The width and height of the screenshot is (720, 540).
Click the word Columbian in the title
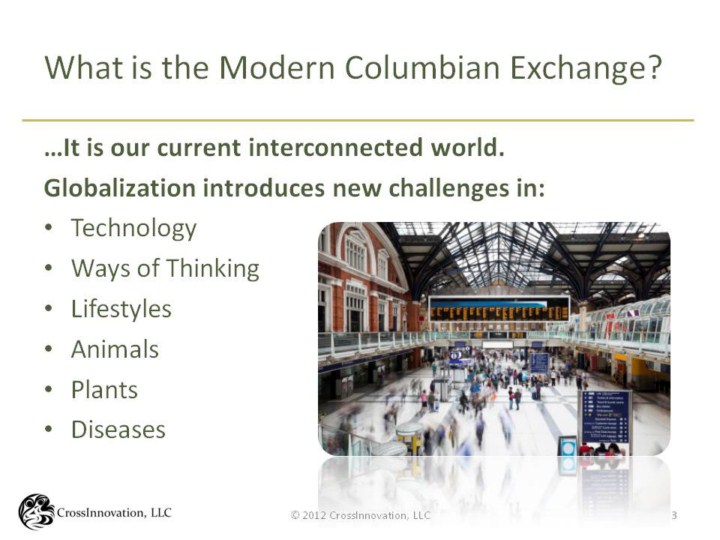(422, 68)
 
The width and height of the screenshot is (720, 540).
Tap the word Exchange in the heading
(586, 69)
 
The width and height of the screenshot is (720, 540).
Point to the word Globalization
(120, 188)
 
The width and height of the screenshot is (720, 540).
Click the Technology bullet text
(134, 228)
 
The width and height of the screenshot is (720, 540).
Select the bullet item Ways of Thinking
(165, 269)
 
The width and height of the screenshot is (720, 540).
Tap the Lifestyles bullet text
(121, 309)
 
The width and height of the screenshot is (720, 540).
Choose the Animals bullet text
(115, 349)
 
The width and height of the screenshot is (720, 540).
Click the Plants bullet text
(104, 390)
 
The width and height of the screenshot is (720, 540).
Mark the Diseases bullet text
(118, 430)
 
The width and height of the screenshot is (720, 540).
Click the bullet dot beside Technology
(49, 228)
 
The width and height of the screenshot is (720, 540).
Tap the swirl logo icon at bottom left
(36, 512)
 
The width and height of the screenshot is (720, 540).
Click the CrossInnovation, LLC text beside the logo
(114, 512)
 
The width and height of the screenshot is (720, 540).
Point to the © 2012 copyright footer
(361, 515)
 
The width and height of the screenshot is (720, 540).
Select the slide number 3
(674, 515)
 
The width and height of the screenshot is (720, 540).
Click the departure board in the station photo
(499, 309)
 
